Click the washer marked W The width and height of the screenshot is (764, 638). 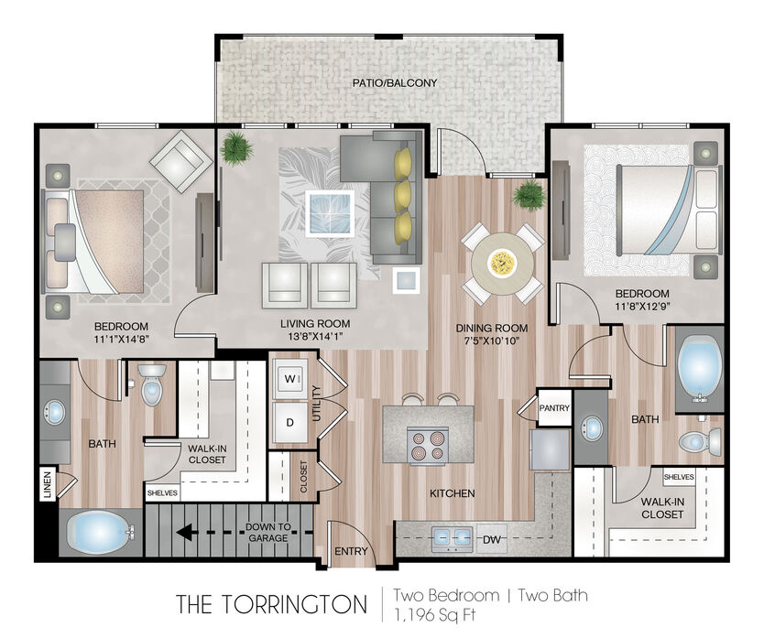[289, 379]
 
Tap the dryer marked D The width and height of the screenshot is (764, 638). [289, 422]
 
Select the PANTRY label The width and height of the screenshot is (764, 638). [554, 408]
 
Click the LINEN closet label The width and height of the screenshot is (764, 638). [48, 484]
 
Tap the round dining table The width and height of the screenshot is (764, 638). [502, 263]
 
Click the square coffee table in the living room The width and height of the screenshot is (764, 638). [329, 213]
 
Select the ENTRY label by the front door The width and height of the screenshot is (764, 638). [351, 551]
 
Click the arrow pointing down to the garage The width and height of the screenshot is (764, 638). [244, 533]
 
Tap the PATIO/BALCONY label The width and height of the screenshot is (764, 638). [395, 82]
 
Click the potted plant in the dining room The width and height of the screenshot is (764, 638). [529, 194]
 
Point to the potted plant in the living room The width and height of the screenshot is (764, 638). [235, 147]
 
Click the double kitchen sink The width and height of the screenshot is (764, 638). [452, 538]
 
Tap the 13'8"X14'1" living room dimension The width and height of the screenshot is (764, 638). [315, 336]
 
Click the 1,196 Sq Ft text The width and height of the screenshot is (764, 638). [434, 614]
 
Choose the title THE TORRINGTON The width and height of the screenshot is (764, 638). [271, 604]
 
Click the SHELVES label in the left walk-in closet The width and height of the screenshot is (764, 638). [162, 492]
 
